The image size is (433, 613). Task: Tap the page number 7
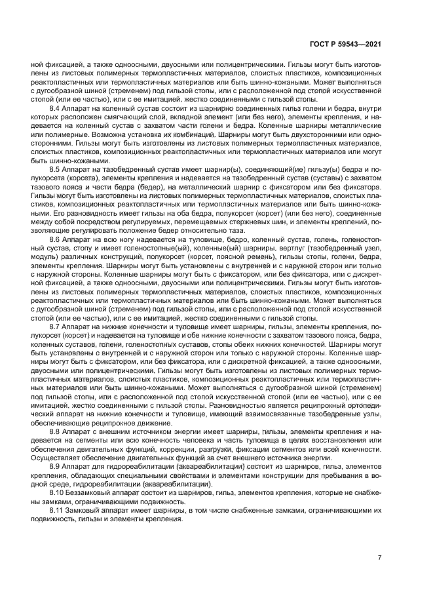click(x=380, y=558)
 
